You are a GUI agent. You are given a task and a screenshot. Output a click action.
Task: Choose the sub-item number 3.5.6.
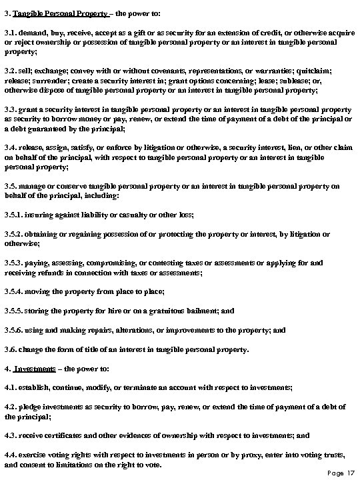pos(15,329)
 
